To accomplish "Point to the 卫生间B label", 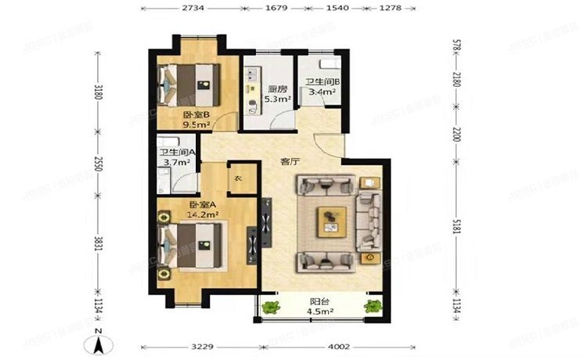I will pyautogui.click(x=321, y=82).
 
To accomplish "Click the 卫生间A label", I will pyautogui.click(x=177, y=153).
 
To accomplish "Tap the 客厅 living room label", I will pyautogui.click(x=290, y=162).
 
